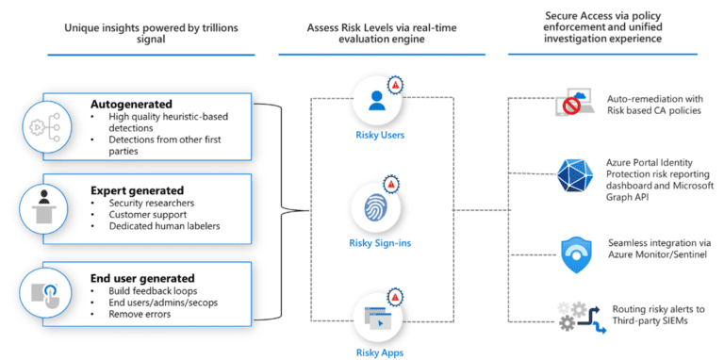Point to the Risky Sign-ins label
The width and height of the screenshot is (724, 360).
point(377,243)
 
